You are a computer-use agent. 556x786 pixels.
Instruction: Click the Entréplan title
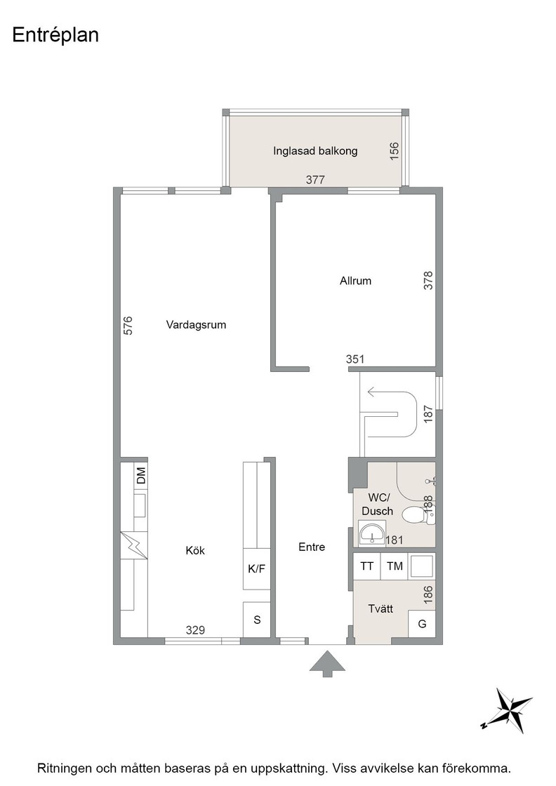(x=55, y=35)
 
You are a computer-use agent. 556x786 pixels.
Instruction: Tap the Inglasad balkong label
(x=315, y=150)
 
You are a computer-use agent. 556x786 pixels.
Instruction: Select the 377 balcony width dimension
(x=315, y=180)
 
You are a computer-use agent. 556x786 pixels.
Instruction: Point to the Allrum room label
(x=355, y=281)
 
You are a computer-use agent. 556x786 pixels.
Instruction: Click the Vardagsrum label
(x=196, y=325)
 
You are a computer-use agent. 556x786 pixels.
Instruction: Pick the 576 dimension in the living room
(x=128, y=326)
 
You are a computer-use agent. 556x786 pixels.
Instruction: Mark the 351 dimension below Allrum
(x=355, y=359)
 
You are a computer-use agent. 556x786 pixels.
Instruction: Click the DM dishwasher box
(x=141, y=475)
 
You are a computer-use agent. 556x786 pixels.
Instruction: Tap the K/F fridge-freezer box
(x=257, y=569)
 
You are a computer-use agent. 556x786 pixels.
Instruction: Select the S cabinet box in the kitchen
(x=257, y=620)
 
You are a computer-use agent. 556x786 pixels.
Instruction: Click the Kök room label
(x=195, y=550)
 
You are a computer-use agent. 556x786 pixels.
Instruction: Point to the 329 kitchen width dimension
(x=195, y=630)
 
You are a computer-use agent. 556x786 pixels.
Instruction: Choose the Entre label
(x=312, y=547)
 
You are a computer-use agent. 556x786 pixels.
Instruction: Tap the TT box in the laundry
(x=367, y=566)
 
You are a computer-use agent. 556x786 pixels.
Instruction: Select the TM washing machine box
(x=395, y=566)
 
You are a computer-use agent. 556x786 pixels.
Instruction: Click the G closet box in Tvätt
(x=422, y=624)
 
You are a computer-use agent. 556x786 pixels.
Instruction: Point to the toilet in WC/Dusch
(x=418, y=514)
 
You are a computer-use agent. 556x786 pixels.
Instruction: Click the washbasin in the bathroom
(x=373, y=532)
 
